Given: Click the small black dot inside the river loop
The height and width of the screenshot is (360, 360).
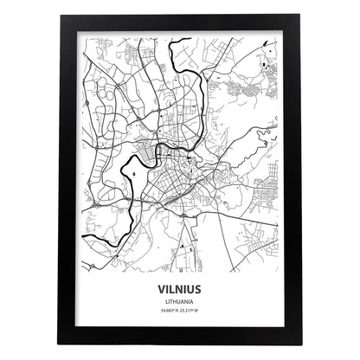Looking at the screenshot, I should (136, 172).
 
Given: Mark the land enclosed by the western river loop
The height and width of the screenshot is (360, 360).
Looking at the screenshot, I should (138, 177).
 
